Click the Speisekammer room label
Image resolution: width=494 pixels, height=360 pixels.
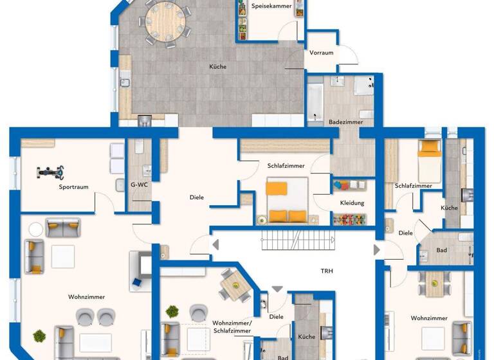pyautogui.click(x=271, y=6)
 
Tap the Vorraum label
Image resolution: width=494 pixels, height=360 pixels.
pyautogui.click(x=321, y=53)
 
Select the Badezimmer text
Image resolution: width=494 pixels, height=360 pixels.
pyautogui.click(x=345, y=121)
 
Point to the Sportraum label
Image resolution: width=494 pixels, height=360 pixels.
pyautogui.click(x=73, y=187)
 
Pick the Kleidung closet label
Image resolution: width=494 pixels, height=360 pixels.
pyautogui.click(x=352, y=203)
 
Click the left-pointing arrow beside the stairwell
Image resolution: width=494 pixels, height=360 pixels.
pyautogui.click(x=216, y=244)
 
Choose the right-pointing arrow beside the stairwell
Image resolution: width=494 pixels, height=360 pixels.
pyautogui.click(x=377, y=249)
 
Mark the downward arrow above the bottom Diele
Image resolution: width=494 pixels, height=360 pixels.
pyautogui.click(x=277, y=289)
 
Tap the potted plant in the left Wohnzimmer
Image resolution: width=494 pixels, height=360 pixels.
pyautogui.click(x=40, y=336)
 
